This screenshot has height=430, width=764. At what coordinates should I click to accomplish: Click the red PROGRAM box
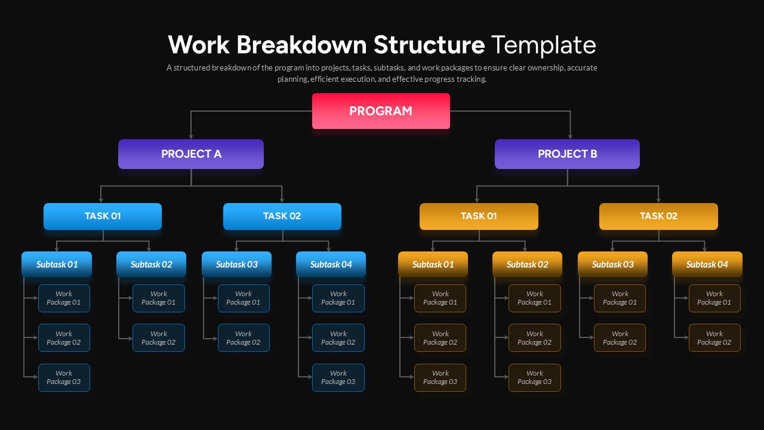coord(381,111)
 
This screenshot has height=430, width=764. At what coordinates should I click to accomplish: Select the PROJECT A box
coord(191,154)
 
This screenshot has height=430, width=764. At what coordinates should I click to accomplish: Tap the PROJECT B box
coord(567,154)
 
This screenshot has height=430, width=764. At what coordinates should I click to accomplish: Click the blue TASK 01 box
coord(103,216)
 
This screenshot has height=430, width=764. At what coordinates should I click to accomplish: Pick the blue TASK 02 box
coord(282,216)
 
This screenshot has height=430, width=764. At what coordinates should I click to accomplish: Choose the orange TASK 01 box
coord(479,216)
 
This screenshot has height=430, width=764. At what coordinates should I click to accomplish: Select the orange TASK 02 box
coord(658,216)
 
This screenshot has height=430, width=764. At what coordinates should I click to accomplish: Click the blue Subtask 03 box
coord(236,265)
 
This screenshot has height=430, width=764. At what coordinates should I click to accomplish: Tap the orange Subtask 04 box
coord(707,265)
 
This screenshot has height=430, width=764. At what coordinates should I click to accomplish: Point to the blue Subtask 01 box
coord(57,265)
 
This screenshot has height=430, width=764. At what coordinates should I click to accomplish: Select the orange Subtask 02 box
coord(527,265)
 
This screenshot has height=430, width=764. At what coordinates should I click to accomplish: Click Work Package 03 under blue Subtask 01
coord(64,377)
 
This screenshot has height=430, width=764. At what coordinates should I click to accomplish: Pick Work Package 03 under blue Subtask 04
coord(338,377)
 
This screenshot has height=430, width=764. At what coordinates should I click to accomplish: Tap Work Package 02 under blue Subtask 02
coord(159,338)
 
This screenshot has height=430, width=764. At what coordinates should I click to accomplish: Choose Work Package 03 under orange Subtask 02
coord(535,377)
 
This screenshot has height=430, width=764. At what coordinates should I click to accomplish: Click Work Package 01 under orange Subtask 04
coord(714,298)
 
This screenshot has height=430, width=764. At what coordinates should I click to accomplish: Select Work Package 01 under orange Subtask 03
coord(620,298)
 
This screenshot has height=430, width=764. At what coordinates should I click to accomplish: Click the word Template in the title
coord(543,45)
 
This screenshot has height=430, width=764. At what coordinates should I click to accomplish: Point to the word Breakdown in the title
coord(301,45)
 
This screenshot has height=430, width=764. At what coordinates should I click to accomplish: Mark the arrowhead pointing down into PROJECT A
coord(191,136)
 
